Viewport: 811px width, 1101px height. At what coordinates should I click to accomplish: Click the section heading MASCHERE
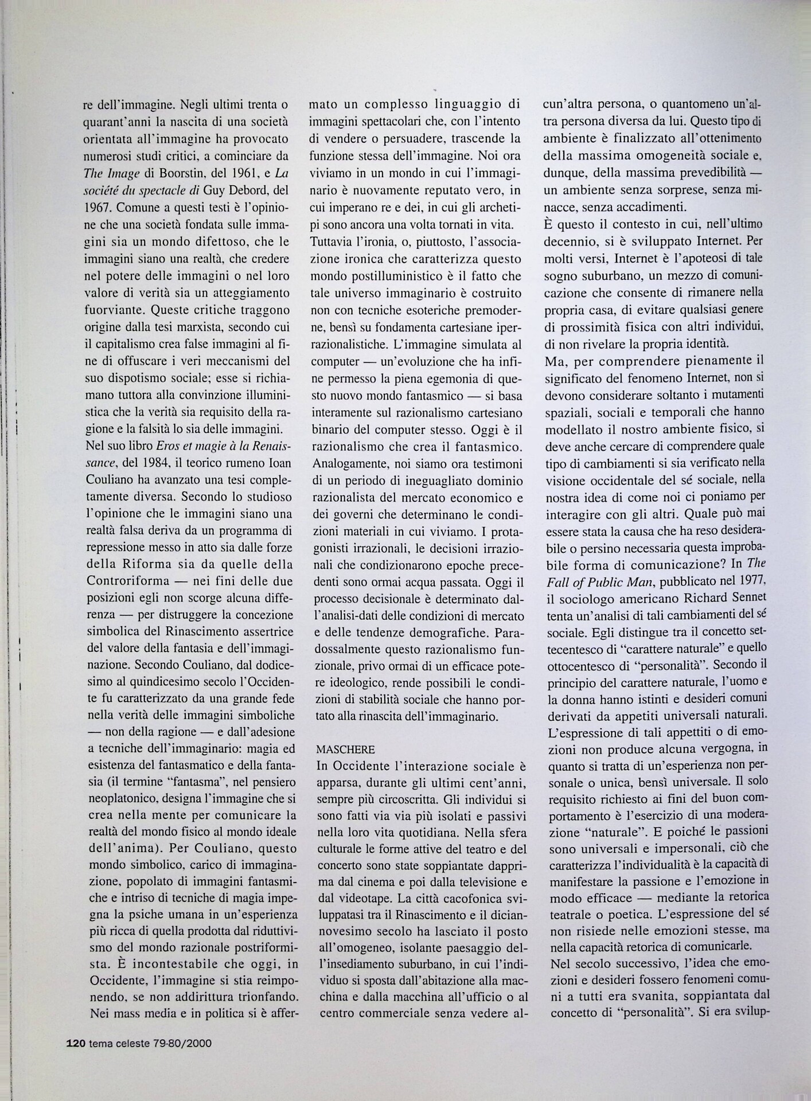pos(345,749)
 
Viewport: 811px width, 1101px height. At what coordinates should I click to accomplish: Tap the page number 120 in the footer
pos(76,1043)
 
